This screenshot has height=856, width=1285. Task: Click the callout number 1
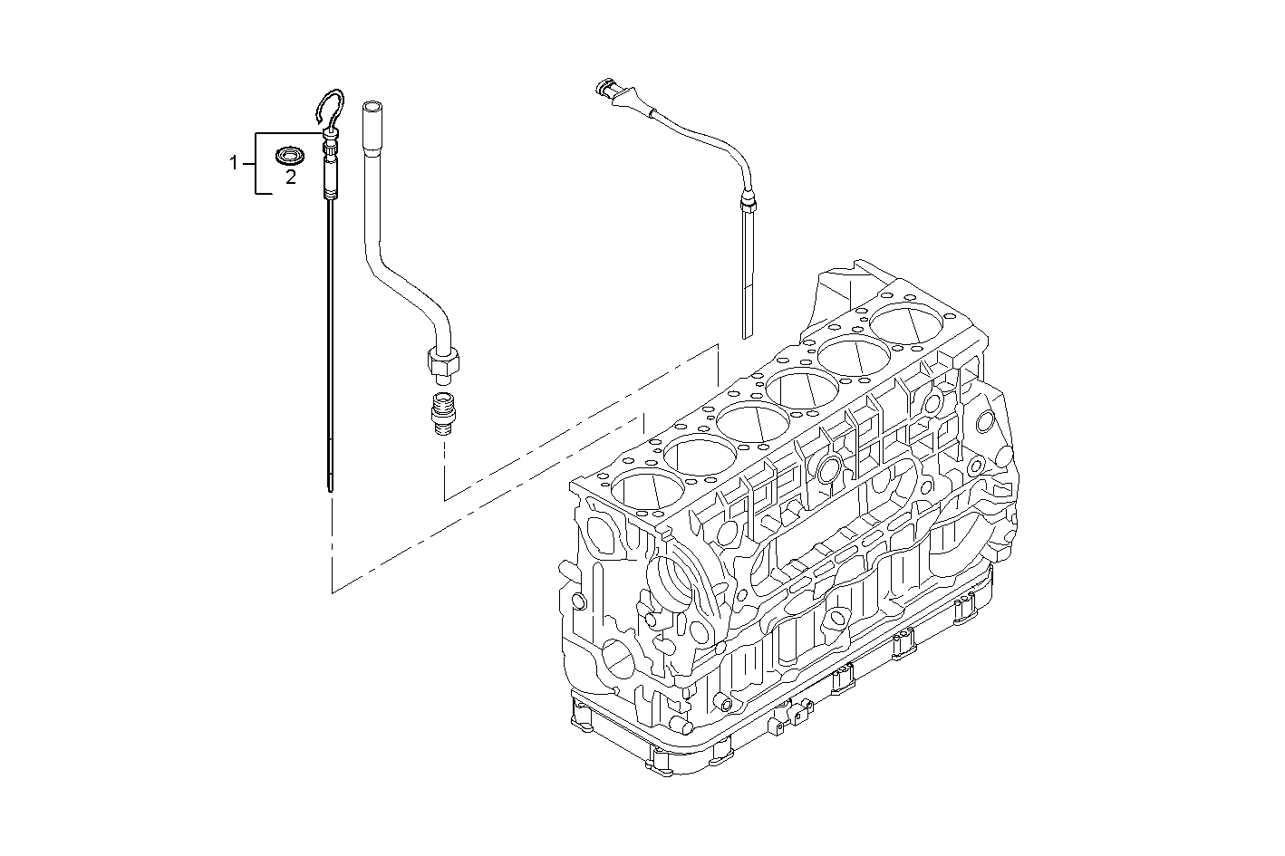coord(233,163)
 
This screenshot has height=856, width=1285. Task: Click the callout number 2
coord(291,178)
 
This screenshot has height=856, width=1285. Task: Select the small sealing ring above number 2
coord(290,153)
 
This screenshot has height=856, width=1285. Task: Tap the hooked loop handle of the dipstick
coord(331,107)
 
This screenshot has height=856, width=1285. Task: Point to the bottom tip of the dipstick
coord(331,488)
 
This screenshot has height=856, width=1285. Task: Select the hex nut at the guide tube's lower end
coord(441,364)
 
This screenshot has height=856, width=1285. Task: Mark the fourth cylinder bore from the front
coord(803,389)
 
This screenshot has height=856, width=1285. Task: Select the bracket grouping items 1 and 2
coord(256,163)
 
